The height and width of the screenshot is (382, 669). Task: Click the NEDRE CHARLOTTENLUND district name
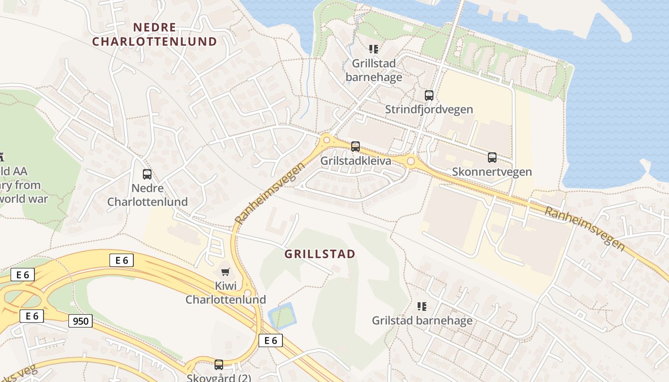(x=154, y=34)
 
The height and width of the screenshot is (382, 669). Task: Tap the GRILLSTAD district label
(x=320, y=254)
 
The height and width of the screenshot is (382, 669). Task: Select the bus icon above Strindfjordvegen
(x=429, y=95)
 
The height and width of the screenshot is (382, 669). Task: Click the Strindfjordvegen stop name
(x=429, y=109)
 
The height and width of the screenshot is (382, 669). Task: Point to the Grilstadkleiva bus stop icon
(x=356, y=147)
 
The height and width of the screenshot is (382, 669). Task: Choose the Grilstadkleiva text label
(x=356, y=161)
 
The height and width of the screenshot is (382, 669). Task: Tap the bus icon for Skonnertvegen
(x=492, y=158)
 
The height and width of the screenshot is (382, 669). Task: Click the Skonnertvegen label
(x=492, y=172)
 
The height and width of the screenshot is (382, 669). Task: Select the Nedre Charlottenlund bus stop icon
(x=147, y=174)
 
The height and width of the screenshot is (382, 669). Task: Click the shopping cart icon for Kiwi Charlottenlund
(x=226, y=272)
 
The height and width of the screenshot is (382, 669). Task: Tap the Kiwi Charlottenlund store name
(x=226, y=293)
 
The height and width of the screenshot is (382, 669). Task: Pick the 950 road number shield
(x=81, y=321)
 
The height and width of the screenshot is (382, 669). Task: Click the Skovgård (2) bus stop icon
(x=219, y=365)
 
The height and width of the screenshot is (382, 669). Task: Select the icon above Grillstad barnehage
(x=374, y=49)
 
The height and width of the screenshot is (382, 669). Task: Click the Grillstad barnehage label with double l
(x=374, y=70)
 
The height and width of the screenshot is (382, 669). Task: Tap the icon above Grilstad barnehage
(x=422, y=306)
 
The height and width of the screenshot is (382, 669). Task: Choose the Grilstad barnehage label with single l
(x=422, y=320)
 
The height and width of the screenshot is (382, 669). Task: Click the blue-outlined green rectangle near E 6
(x=282, y=316)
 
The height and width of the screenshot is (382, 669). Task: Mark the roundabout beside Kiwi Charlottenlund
(x=248, y=293)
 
